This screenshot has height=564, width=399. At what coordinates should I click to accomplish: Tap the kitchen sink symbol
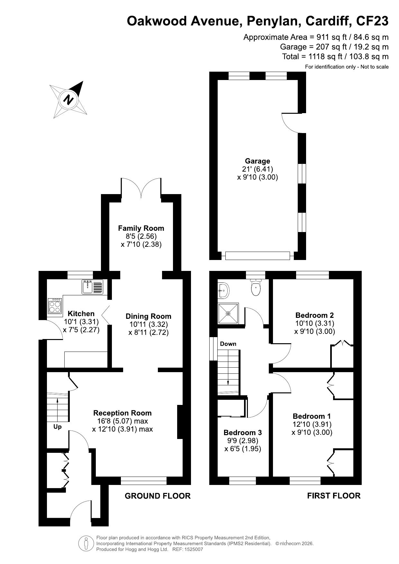(x=93, y=287)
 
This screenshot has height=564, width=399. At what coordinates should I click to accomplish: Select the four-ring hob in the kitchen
(x=55, y=306)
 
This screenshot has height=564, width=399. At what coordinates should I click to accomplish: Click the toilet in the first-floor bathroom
(x=256, y=287)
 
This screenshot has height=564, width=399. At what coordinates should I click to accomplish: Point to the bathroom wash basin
(x=223, y=290)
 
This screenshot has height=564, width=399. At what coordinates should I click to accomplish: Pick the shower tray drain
(x=228, y=313)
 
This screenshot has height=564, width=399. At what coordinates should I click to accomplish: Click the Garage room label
(x=258, y=161)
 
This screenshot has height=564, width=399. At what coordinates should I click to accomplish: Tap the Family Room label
(x=141, y=228)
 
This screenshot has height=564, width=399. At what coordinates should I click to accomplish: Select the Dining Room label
(x=148, y=316)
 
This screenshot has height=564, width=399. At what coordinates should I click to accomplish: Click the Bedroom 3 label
(x=243, y=433)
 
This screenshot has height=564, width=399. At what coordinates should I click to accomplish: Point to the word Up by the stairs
(x=58, y=427)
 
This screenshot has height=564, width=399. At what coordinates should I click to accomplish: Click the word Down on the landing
(x=228, y=344)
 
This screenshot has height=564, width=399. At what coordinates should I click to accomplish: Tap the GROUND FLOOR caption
(x=158, y=496)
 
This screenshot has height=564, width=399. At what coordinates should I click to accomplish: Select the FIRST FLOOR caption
(x=334, y=496)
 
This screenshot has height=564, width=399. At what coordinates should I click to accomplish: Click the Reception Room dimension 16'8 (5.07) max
(x=120, y=421)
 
